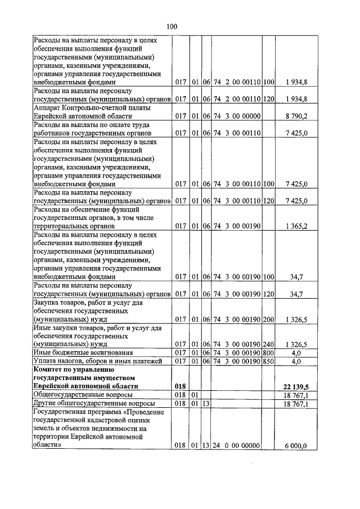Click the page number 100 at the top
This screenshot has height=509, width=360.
coord(172,26)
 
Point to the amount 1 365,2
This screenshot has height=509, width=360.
coord(296,226)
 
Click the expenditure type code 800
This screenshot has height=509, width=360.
coord(268,353)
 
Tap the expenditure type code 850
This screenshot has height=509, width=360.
coord(268,361)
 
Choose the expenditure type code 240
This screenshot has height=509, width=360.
coord(268,344)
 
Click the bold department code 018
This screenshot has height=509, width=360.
coord(180,386)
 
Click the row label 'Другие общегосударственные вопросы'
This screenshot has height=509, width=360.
coord(93,403)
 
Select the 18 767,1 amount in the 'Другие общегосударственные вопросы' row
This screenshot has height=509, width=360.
coord(296,403)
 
